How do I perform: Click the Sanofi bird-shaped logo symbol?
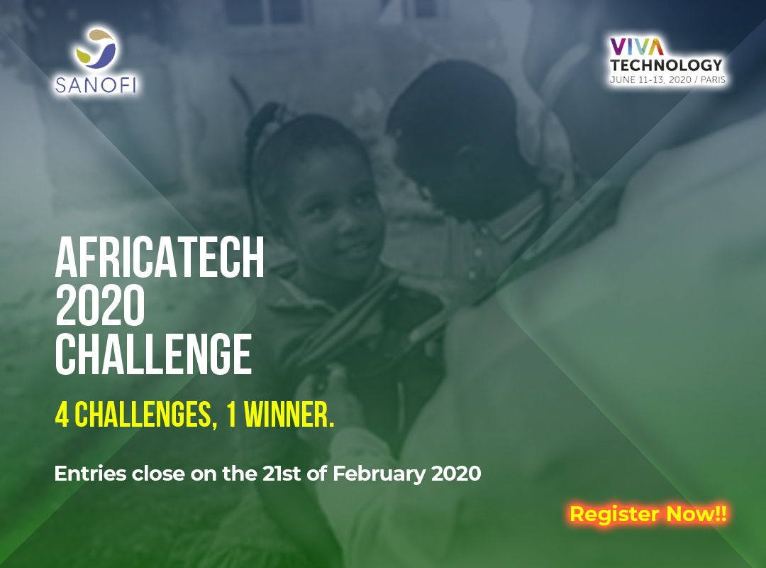point(96,48)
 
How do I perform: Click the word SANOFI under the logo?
point(96,84)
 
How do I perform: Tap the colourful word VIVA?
point(637,46)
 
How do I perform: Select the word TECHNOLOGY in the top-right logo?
point(666,65)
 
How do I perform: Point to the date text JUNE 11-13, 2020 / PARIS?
point(667,80)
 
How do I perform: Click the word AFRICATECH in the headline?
point(160,257)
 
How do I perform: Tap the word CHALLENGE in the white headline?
point(153,354)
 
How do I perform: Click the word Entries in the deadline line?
point(90,474)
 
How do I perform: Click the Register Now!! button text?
point(648,514)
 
